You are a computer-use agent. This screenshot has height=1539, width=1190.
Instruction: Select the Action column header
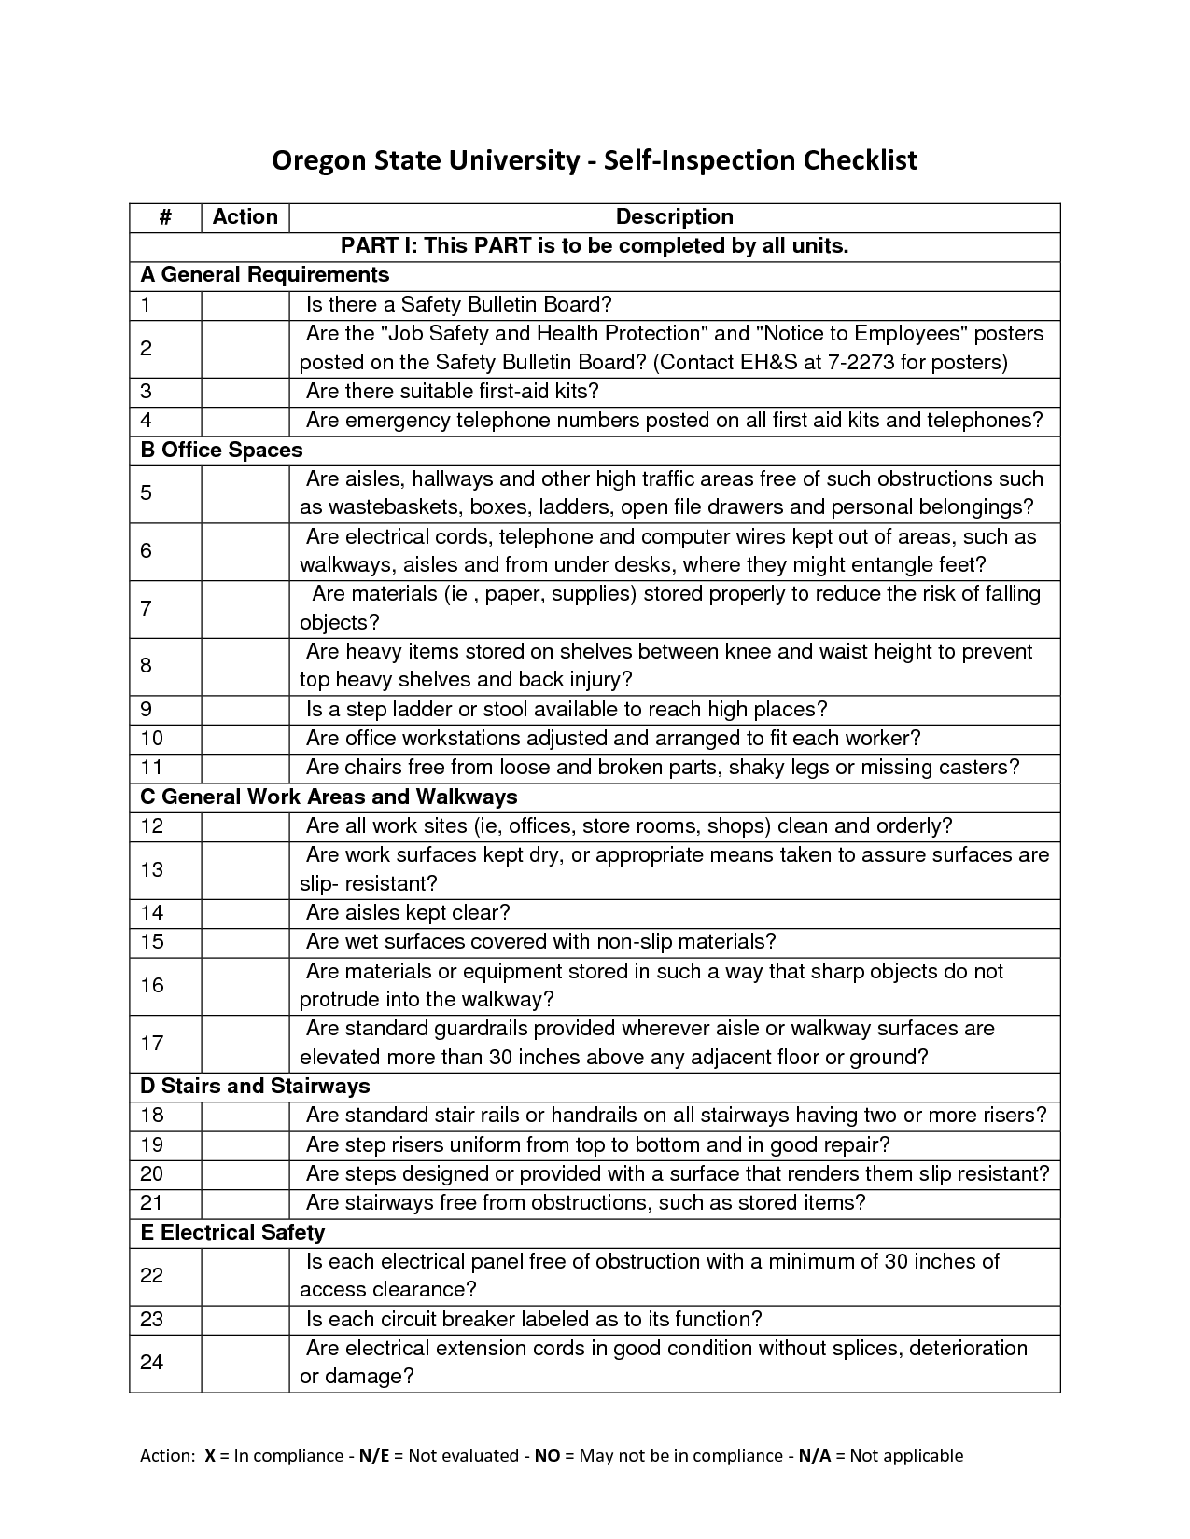245,216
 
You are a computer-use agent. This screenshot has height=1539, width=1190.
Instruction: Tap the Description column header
674,216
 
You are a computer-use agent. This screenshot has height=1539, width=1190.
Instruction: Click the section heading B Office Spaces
221,450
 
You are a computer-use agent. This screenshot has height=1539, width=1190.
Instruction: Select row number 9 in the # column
147,709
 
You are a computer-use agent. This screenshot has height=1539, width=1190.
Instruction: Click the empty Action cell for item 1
245,304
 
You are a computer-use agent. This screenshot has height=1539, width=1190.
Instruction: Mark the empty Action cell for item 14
245,912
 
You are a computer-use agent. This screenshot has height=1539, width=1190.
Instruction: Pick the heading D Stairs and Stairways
255,1086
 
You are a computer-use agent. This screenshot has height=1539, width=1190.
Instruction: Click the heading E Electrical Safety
232,1232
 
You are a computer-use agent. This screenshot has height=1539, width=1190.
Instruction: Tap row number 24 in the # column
152,1362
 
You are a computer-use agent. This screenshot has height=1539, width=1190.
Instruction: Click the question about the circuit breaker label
534,1319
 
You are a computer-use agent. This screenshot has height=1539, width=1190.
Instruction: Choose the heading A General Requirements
264,274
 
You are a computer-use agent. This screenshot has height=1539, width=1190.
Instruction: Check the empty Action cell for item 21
245,1202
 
